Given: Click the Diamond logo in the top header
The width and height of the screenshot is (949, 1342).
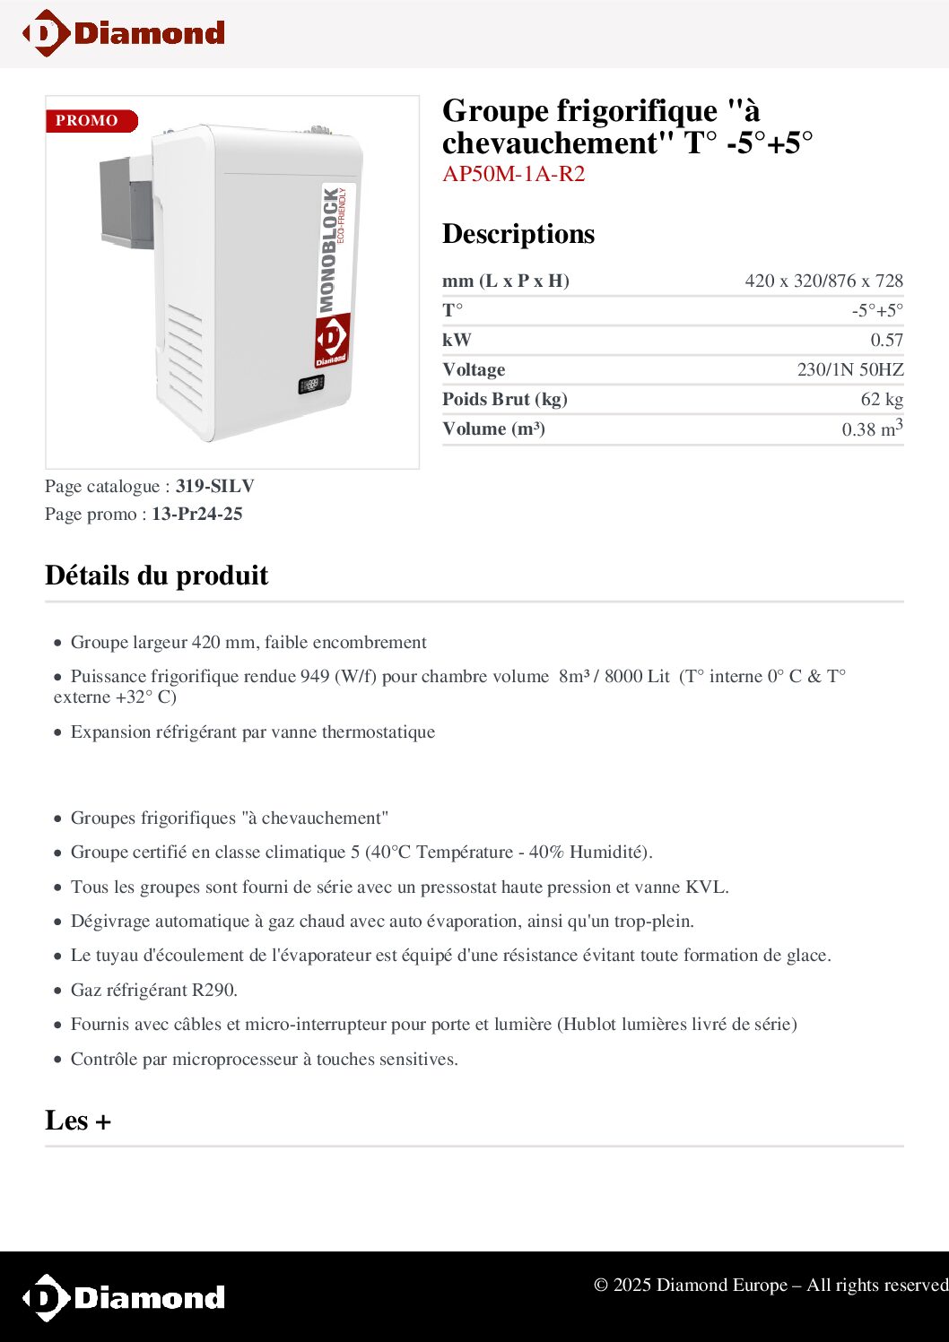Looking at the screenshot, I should tap(124, 33).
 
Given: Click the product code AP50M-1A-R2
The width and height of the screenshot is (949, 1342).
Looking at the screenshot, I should tap(513, 174).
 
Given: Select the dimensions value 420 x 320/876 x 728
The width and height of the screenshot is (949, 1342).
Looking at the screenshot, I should tap(823, 281).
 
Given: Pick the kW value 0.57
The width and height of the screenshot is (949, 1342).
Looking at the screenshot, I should tap(886, 340).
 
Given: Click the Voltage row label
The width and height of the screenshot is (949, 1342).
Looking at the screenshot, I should tap(474, 369).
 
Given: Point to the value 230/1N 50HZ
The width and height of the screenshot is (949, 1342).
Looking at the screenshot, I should tap(849, 369).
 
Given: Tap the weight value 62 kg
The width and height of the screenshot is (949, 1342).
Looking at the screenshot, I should tap(882, 399).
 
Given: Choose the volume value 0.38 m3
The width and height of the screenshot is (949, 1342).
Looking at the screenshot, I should tap(872, 429).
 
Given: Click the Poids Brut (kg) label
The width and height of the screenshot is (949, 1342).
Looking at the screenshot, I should tap(504, 399).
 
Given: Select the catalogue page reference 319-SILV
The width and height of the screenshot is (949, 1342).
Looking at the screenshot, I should tap(215, 486).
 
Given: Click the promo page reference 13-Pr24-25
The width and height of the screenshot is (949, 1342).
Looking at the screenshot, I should tap(196, 514).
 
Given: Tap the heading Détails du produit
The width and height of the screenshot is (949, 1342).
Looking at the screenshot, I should tap(157, 575).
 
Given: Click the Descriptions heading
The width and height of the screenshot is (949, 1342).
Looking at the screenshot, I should tap(518, 234).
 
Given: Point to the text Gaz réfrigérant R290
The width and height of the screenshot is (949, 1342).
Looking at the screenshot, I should tap(153, 990).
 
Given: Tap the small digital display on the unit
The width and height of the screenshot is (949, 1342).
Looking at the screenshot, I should tap(310, 385).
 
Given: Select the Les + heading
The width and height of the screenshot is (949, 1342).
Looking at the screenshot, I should tap(78, 1121).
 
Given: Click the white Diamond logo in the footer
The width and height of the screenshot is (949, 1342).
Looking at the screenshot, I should tap(124, 1297).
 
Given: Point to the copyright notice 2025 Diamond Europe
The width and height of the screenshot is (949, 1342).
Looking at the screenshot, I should tap(770, 1285).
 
